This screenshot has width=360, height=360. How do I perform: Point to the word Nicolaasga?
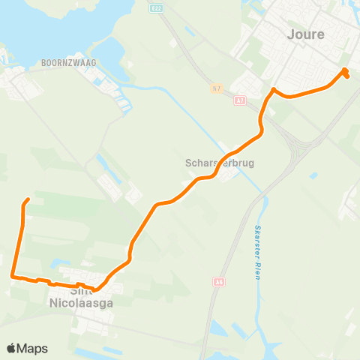[x=81, y=303]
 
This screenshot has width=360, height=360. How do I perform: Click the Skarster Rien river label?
[x=258, y=251]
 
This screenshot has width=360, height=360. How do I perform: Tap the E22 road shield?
[x=156, y=7]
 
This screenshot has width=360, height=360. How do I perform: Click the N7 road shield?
[x=216, y=88]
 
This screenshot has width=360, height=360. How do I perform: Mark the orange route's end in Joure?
[x=346, y=76]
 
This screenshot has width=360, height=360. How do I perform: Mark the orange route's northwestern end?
[x=28, y=199]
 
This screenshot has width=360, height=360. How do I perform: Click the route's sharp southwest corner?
[x=13, y=276]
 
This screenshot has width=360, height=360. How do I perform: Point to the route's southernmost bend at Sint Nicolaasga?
[x=94, y=289]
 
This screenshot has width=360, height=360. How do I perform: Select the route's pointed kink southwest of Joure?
[x=273, y=90]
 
